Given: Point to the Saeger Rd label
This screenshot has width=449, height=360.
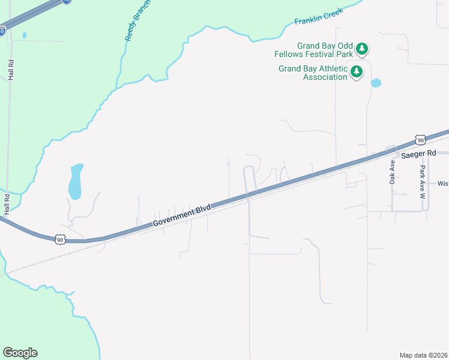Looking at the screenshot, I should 417,154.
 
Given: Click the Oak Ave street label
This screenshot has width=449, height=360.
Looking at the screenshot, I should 393,171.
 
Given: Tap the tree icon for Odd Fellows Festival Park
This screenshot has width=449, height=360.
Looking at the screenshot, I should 361,49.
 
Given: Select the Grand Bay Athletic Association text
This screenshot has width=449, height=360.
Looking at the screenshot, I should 313,73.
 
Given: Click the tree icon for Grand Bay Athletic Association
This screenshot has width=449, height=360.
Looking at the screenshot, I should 357,72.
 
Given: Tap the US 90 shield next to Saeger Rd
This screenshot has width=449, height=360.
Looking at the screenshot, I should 420,140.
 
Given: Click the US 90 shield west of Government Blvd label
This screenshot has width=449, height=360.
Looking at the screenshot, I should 59,239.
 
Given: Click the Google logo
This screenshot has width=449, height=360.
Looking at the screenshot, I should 20,353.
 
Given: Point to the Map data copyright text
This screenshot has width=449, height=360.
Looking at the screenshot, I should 423,355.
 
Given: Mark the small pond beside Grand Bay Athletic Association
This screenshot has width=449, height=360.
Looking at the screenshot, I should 376,83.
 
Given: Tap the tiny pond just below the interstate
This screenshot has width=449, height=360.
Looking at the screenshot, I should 24,35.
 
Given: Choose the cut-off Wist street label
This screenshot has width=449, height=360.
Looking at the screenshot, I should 443,184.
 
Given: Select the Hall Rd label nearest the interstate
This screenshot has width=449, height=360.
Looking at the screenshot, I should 11,70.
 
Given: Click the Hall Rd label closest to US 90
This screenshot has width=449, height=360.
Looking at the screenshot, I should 7,205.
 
